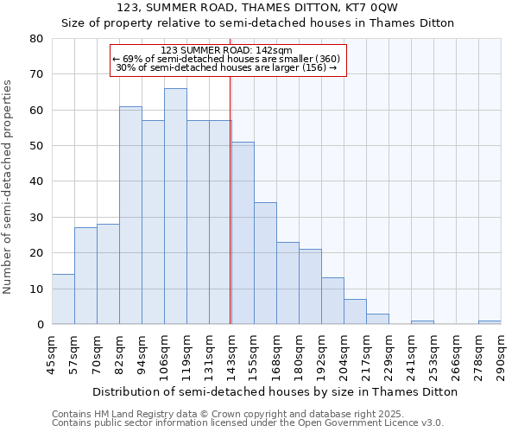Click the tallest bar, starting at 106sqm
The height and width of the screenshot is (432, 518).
(175, 206)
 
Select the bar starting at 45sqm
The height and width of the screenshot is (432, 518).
(63, 299)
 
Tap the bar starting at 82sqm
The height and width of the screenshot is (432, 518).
(130, 215)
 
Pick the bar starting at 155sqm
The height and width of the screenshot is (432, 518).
(265, 264)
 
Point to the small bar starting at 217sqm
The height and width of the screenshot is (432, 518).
(377, 319)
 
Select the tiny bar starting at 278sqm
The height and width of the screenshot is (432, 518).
(490, 322)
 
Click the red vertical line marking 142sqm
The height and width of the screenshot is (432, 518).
(231, 199)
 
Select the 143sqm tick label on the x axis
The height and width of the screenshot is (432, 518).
(231, 353)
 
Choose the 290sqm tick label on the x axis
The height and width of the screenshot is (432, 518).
(501, 353)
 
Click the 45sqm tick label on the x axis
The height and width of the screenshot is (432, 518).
(52, 353)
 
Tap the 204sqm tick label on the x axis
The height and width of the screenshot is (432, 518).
(344, 353)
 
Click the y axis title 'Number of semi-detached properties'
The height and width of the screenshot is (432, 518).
(9, 186)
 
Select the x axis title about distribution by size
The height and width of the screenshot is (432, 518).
(275, 391)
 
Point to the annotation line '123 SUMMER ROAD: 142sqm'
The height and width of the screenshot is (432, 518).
(228, 50)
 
